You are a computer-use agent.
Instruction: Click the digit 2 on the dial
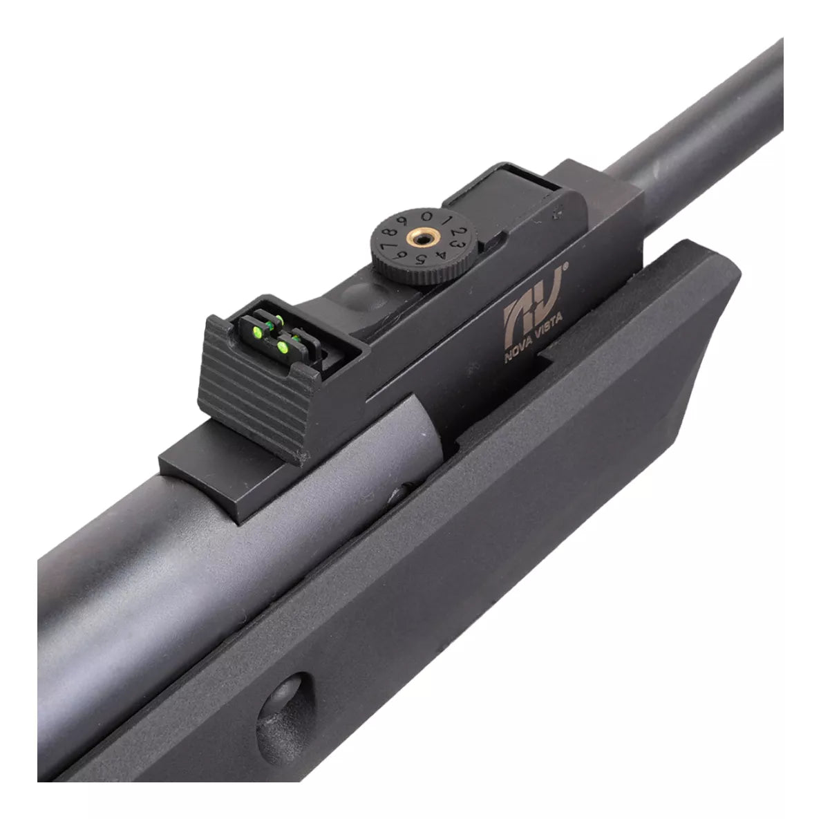(x=459, y=232)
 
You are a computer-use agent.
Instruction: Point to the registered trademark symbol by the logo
(x=565, y=265)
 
